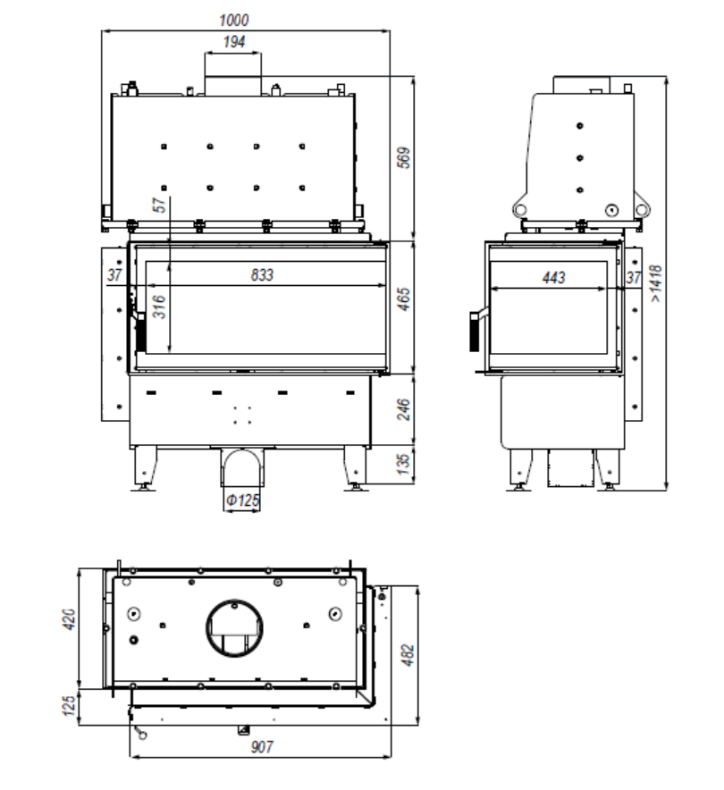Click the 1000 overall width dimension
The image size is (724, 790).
(x=234, y=21)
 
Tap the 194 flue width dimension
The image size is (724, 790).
(x=234, y=42)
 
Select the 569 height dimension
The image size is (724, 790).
(x=404, y=157)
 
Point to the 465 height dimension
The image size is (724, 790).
(x=404, y=299)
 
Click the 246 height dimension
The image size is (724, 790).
(x=404, y=409)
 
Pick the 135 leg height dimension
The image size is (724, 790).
(x=404, y=464)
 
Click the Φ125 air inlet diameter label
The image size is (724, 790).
(x=243, y=500)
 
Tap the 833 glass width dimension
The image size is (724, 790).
(x=262, y=275)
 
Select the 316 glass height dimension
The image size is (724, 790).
(x=159, y=307)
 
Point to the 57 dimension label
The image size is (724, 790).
(x=159, y=205)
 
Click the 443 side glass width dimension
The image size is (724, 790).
(x=553, y=278)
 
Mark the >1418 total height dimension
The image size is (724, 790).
(x=655, y=283)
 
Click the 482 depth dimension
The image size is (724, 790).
(x=408, y=655)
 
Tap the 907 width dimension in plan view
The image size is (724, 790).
(x=262, y=747)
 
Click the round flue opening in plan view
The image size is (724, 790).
(x=234, y=627)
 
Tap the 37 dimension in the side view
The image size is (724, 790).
(x=634, y=278)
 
